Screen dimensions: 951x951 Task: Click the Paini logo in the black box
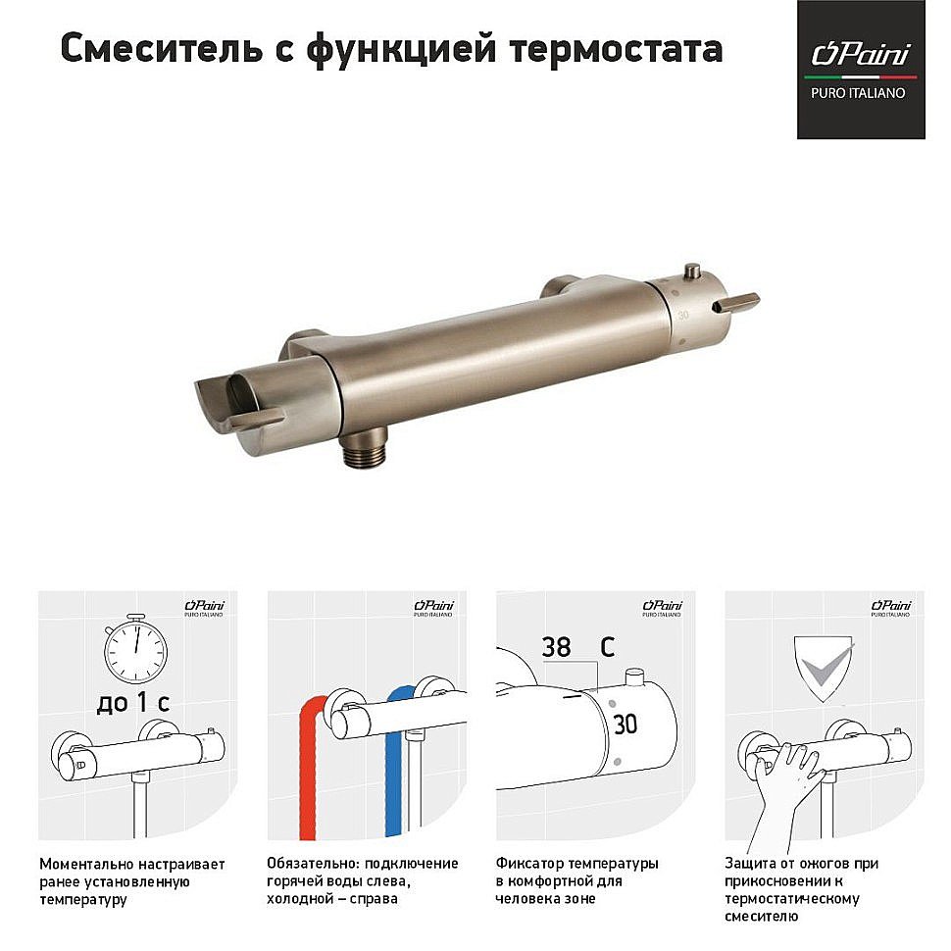point(860,53)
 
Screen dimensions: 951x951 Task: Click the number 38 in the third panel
point(556,647)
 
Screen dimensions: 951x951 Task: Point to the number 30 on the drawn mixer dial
point(625,725)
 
